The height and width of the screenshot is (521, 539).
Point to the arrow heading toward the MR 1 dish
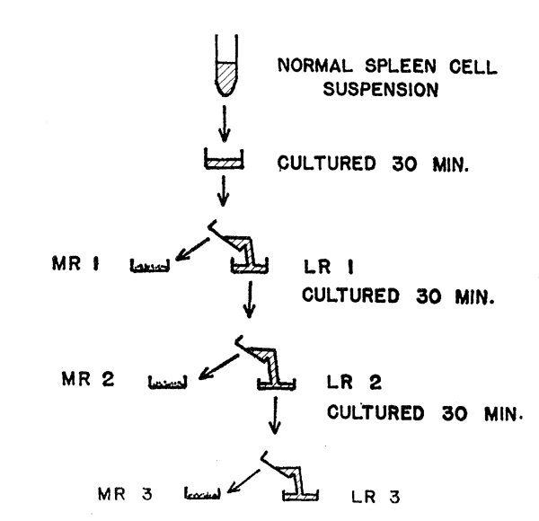192,247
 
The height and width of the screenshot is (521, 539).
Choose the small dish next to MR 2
167,384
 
